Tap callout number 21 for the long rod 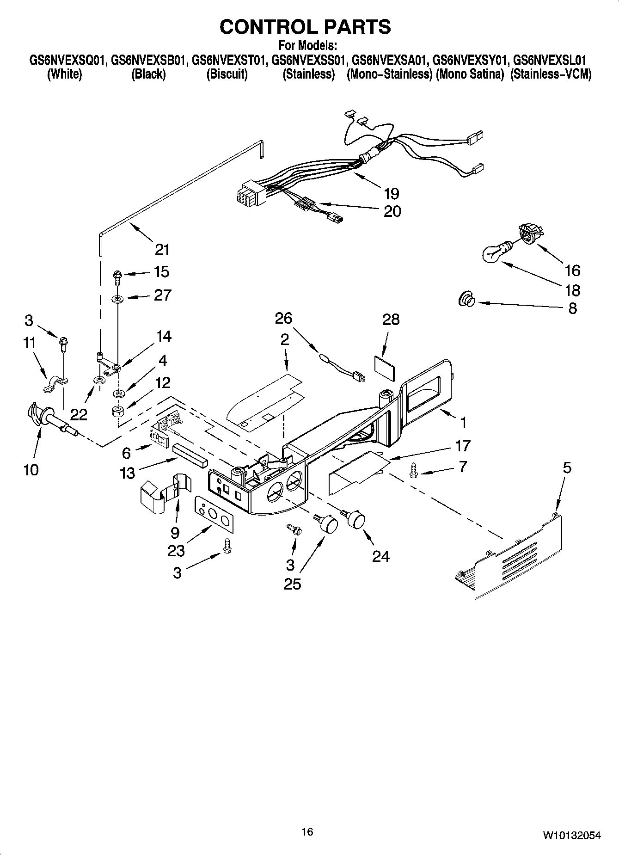click(x=162, y=250)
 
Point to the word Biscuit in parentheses click(x=227, y=74)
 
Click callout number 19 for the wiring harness click(x=391, y=193)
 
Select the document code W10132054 click(x=571, y=835)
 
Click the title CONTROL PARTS click(x=305, y=27)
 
